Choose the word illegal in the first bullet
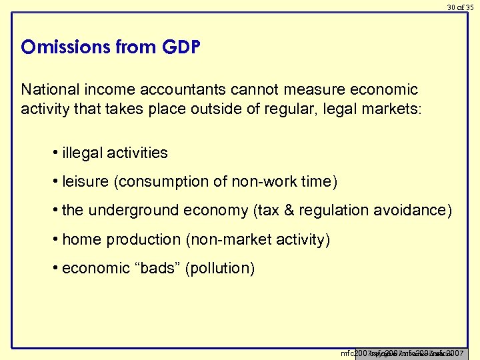[x=82, y=153]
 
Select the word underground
[x=136, y=211]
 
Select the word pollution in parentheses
[x=220, y=269]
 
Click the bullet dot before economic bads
[x=54, y=268]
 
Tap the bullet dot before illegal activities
[x=54, y=153]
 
